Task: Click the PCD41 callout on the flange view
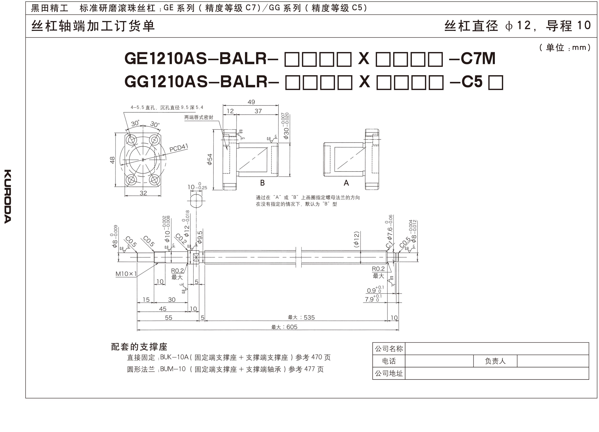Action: [179, 148]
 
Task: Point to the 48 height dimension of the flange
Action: [112, 160]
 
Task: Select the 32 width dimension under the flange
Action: [143, 193]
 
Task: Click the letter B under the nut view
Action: [262, 183]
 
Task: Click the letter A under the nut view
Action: [346, 183]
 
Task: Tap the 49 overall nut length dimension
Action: [251, 102]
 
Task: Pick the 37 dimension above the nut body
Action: [258, 111]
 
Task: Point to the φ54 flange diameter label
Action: [210, 160]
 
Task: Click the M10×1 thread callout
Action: [126, 274]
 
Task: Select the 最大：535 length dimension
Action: [301, 317]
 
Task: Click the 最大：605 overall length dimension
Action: [284, 327]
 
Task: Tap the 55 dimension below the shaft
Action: [168, 317]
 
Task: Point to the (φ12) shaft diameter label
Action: [356, 239]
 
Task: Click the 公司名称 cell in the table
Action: [389, 349]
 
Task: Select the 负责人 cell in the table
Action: [495, 361]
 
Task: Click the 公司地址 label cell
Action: [389, 373]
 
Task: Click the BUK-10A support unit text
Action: [174, 357]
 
